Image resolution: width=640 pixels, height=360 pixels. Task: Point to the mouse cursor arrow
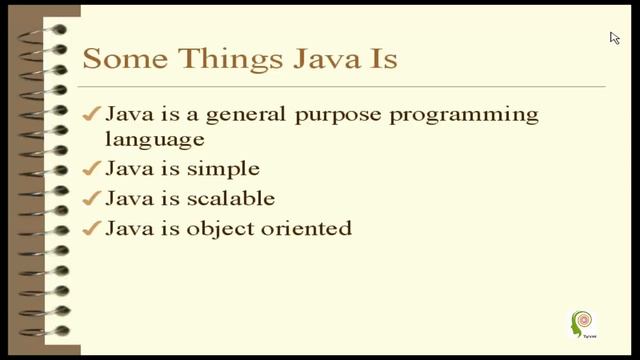pos(614,38)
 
